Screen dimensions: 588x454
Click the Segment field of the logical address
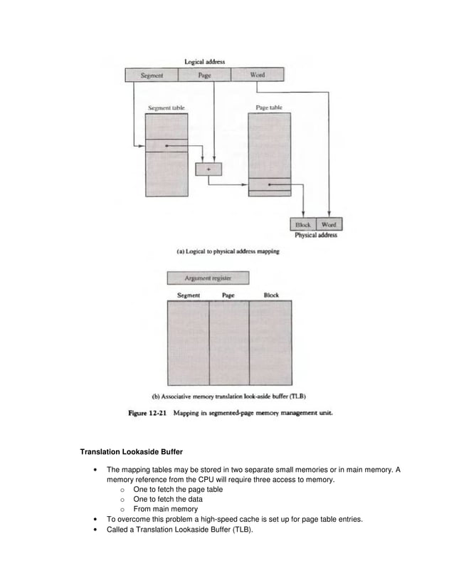pyautogui.click(x=152, y=75)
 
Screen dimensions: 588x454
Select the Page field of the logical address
pyautogui.click(x=204, y=75)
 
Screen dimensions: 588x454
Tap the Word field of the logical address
pyautogui.click(x=258, y=75)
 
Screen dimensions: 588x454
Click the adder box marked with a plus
pyautogui.click(x=208, y=169)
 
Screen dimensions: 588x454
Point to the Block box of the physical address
pyautogui.click(x=304, y=224)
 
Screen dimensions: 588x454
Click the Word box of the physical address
pyautogui.click(x=329, y=224)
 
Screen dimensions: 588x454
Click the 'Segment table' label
pyautogui.click(x=167, y=108)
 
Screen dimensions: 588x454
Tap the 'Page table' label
pyautogui.click(x=269, y=108)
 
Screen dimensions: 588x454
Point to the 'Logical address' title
pyautogui.click(x=205, y=62)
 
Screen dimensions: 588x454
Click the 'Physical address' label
pyautogui.click(x=316, y=236)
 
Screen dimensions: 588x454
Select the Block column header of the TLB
pyautogui.click(x=271, y=295)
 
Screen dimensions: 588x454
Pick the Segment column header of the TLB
pyautogui.click(x=188, y=295)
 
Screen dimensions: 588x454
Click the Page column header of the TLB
pyautogui.click(x=228, y=295)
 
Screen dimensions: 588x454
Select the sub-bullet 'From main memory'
pyautogui.click(x=165, y=509)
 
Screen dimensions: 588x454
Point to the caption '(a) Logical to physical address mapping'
pyautogui.click(x=228, y=251)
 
